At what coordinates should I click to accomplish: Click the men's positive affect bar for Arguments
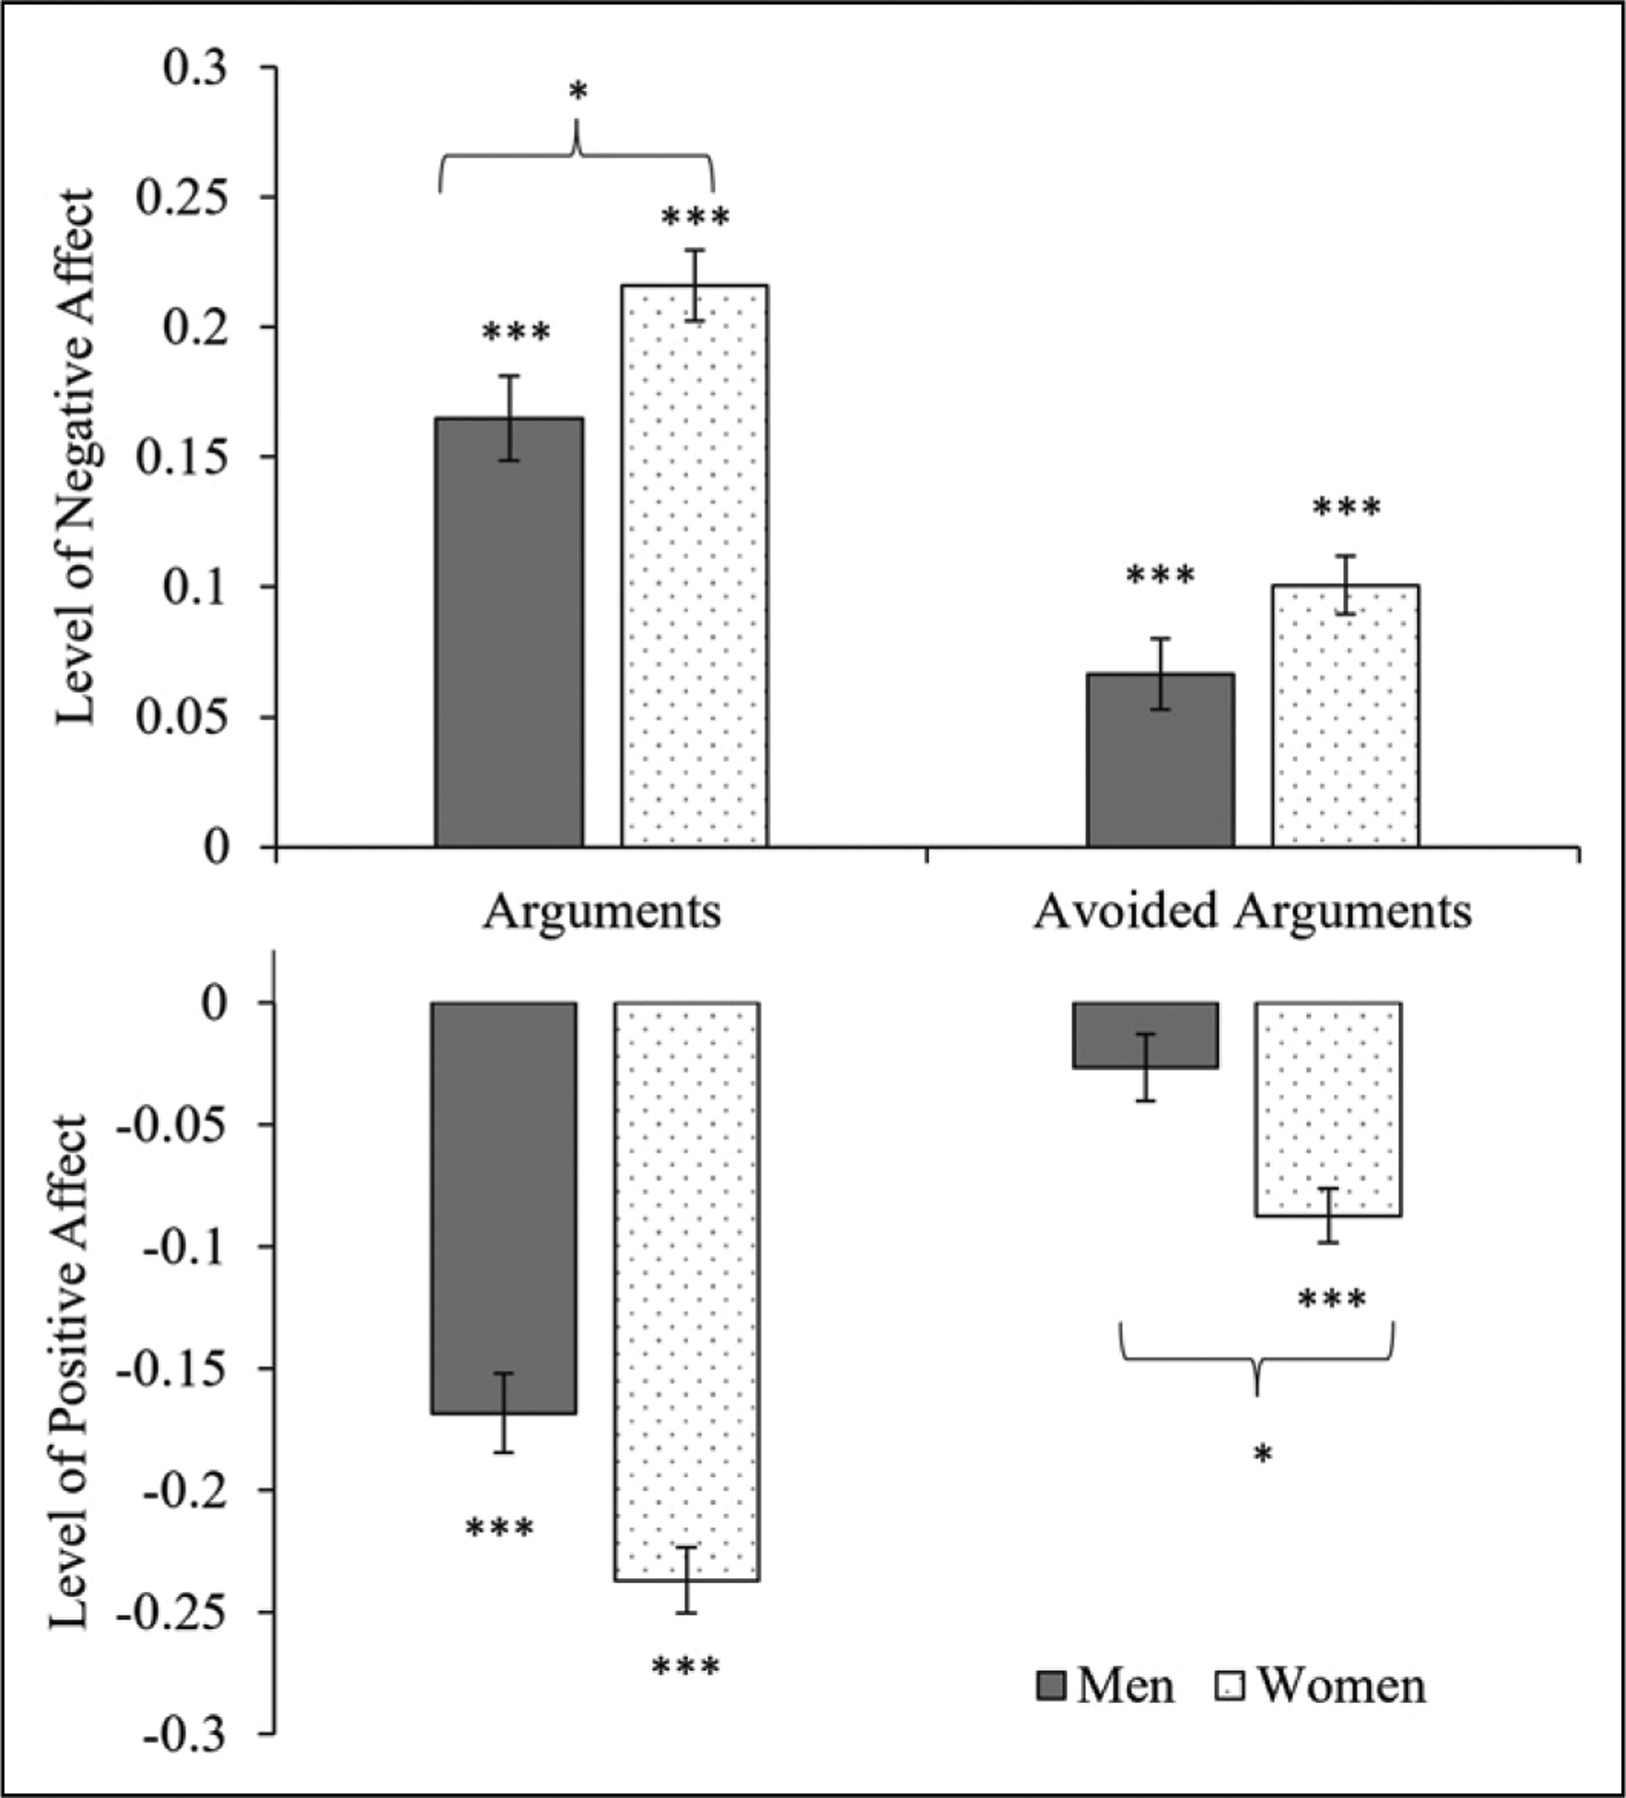(x=503, y=1208)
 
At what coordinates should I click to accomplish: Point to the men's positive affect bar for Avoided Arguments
(x=1146, y=1035)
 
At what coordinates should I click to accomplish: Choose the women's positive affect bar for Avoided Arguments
(x=1328, y=1109)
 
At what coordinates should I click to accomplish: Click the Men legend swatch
(x=1052, y=1686)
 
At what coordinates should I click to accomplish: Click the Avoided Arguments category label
(x=1252, y=911)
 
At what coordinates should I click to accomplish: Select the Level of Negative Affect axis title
(x=76, y=456)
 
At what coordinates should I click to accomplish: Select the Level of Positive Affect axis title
(x=70, y=1373)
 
